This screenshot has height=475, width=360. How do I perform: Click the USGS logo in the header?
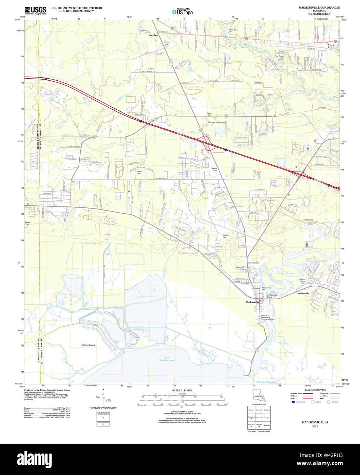[36, 10]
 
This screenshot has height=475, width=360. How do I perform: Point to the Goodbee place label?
[153, 35]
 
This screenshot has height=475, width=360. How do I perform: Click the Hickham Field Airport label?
[217, 122]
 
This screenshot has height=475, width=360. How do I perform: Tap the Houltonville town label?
[303, 294]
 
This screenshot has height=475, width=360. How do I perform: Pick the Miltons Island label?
[88, 345]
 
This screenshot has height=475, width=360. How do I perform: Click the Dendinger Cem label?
[240, 269]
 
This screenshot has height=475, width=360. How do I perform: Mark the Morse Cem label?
[28, 223]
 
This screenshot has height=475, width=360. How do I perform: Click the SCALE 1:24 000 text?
[182, 390]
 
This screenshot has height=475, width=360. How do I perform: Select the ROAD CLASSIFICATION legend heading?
[308, 390]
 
